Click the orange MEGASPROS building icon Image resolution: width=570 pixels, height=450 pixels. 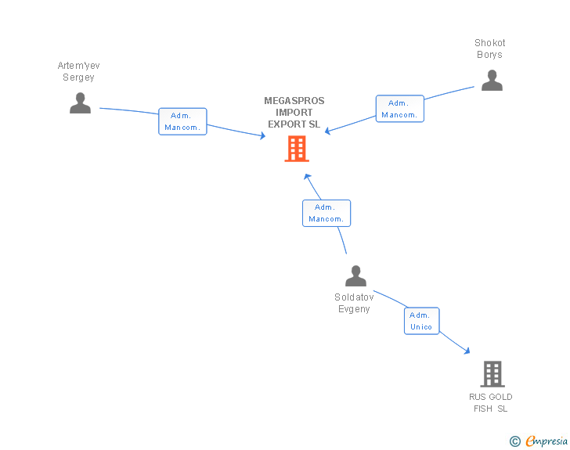click(297, 149)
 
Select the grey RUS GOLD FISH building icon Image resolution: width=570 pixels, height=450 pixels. click(492, 373)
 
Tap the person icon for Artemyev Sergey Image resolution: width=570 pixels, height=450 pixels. click(81, 103)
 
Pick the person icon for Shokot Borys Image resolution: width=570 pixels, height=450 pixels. click(492, 81)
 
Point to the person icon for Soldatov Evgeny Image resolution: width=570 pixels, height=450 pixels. click(356, 276)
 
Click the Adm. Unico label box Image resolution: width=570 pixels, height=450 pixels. click(422, 321)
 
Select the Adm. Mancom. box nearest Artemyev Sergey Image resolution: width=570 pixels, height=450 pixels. click(182, 121)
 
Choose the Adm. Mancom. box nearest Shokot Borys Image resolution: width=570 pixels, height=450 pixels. click(400, 109)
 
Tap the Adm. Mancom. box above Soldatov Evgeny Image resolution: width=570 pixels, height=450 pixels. click(326, 214)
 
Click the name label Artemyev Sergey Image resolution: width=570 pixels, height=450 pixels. click(78, 71)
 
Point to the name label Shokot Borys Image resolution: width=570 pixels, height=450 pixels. click(489, 49)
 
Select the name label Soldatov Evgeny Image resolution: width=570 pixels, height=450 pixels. click(354, 303)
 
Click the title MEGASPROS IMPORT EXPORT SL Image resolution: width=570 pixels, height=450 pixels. click(294, 113)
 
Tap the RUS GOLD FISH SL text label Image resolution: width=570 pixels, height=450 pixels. click(491, 403)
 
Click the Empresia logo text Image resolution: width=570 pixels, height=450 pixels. click(547, 441)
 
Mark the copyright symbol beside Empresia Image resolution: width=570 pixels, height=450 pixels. click(515, 441)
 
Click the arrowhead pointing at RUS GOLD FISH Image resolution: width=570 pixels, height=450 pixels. click(467, 351)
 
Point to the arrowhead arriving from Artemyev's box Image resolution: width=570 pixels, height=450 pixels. click(262, 136)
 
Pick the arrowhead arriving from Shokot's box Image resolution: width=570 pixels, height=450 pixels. click(327, 131)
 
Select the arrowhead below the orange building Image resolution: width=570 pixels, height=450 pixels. click(307, 177)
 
